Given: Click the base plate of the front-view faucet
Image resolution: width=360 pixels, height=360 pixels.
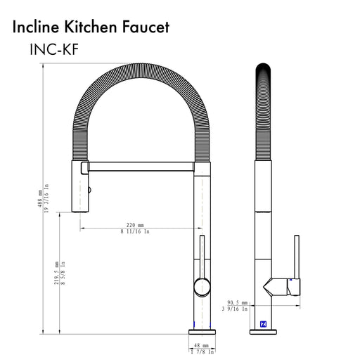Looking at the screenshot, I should click(202, 331).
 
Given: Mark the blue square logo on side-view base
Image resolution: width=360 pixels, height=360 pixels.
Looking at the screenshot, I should click(263, 325).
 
